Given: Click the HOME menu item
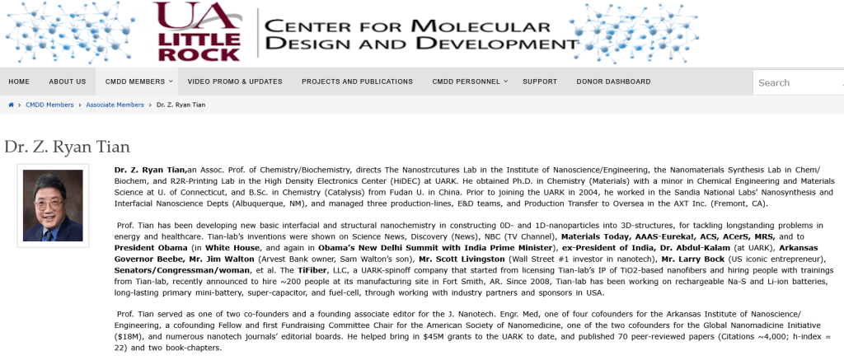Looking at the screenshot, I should pyautogui.click(x=19, y=82).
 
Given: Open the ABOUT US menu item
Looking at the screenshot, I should pyautogui.click(x=67, y=82).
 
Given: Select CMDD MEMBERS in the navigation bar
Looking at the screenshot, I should pyautogui.click(x=135, y=82).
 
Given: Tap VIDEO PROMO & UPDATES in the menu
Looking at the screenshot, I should pyautogui.click(x=235, y=82).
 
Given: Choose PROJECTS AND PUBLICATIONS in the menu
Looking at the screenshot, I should pyautogui.click(x=357, y=82).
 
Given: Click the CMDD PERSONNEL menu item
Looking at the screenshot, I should pyautogui.click(x=466, y=82).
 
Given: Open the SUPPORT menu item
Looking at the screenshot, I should pyautogui.click(x=540, y=82).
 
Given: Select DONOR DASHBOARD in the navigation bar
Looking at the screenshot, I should pyautogui.click(x=613, y=82).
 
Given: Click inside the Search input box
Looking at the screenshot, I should pyautogui.click(x=795, y=82).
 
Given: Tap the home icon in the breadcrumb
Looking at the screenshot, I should pyautogui.click(x=11, y=105).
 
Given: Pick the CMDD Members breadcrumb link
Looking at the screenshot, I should pyautogui.click(x=49, y=105).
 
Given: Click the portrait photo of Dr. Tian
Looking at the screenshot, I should pyautogui.click(x=53, y=205).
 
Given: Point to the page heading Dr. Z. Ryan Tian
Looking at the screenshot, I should pyautogui.click(x=67, y=147).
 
